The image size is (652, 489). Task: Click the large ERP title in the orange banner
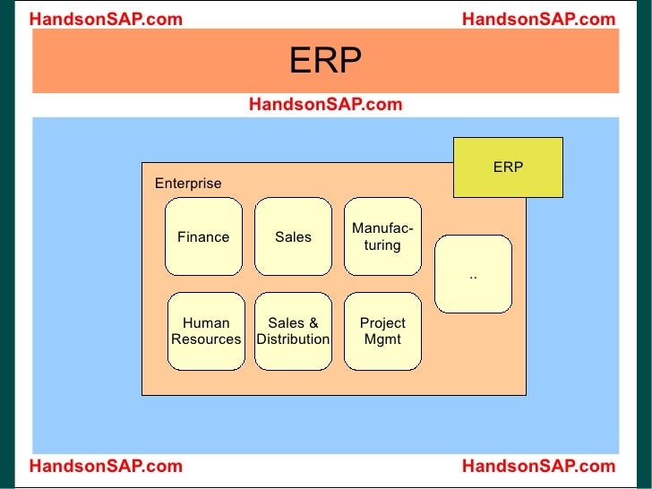(x=325, y=62)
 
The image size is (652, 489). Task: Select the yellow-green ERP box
(x=508, y=167)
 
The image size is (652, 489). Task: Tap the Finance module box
(x=203, y=237)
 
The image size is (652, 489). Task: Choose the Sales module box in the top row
(x=293, y=237)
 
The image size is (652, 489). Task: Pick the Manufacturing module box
(x=382, y=237)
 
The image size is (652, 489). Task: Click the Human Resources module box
(x=206, y=331)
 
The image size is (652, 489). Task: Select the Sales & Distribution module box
(x=293, y=331)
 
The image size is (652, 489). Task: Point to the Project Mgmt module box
(x=382, y=331)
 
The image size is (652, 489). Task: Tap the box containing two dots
(x=473, y=274)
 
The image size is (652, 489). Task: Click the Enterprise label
(x=188, y=184)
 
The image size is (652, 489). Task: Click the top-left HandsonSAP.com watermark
(x=106, y=19)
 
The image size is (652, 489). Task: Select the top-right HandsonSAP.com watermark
(x=538, y=19)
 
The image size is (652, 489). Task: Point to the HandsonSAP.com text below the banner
(x=325, y=105)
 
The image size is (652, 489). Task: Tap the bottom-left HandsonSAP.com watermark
(x=106, y=466)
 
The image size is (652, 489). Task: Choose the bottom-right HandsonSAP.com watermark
(x=538, y=466)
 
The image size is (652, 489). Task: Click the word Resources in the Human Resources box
(x=206, y=340)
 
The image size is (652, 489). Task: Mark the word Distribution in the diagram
(x=293, y=340)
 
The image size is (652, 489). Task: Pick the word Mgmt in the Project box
(x=382, y=340)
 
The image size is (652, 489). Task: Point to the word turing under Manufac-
(x=382, y=245)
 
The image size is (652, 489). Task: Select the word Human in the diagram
(x=206, y=323)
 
